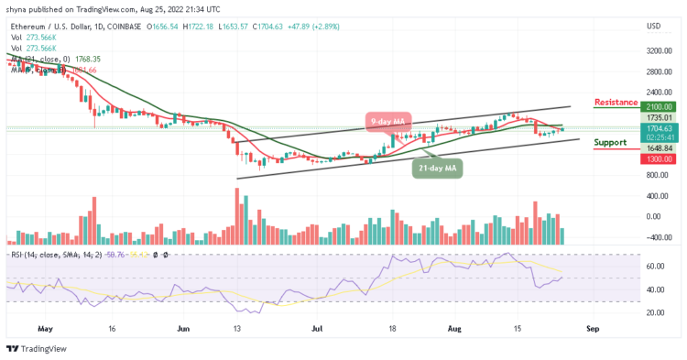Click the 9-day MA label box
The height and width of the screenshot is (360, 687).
pyautogui.click(x=390, y=119)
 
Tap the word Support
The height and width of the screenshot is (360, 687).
pyautogui.click(x=609, y=143)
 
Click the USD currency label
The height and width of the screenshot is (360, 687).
pyautogui.click(x=653, y=25)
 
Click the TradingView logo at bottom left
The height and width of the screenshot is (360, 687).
pyautogui.click(x=37, y=349)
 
